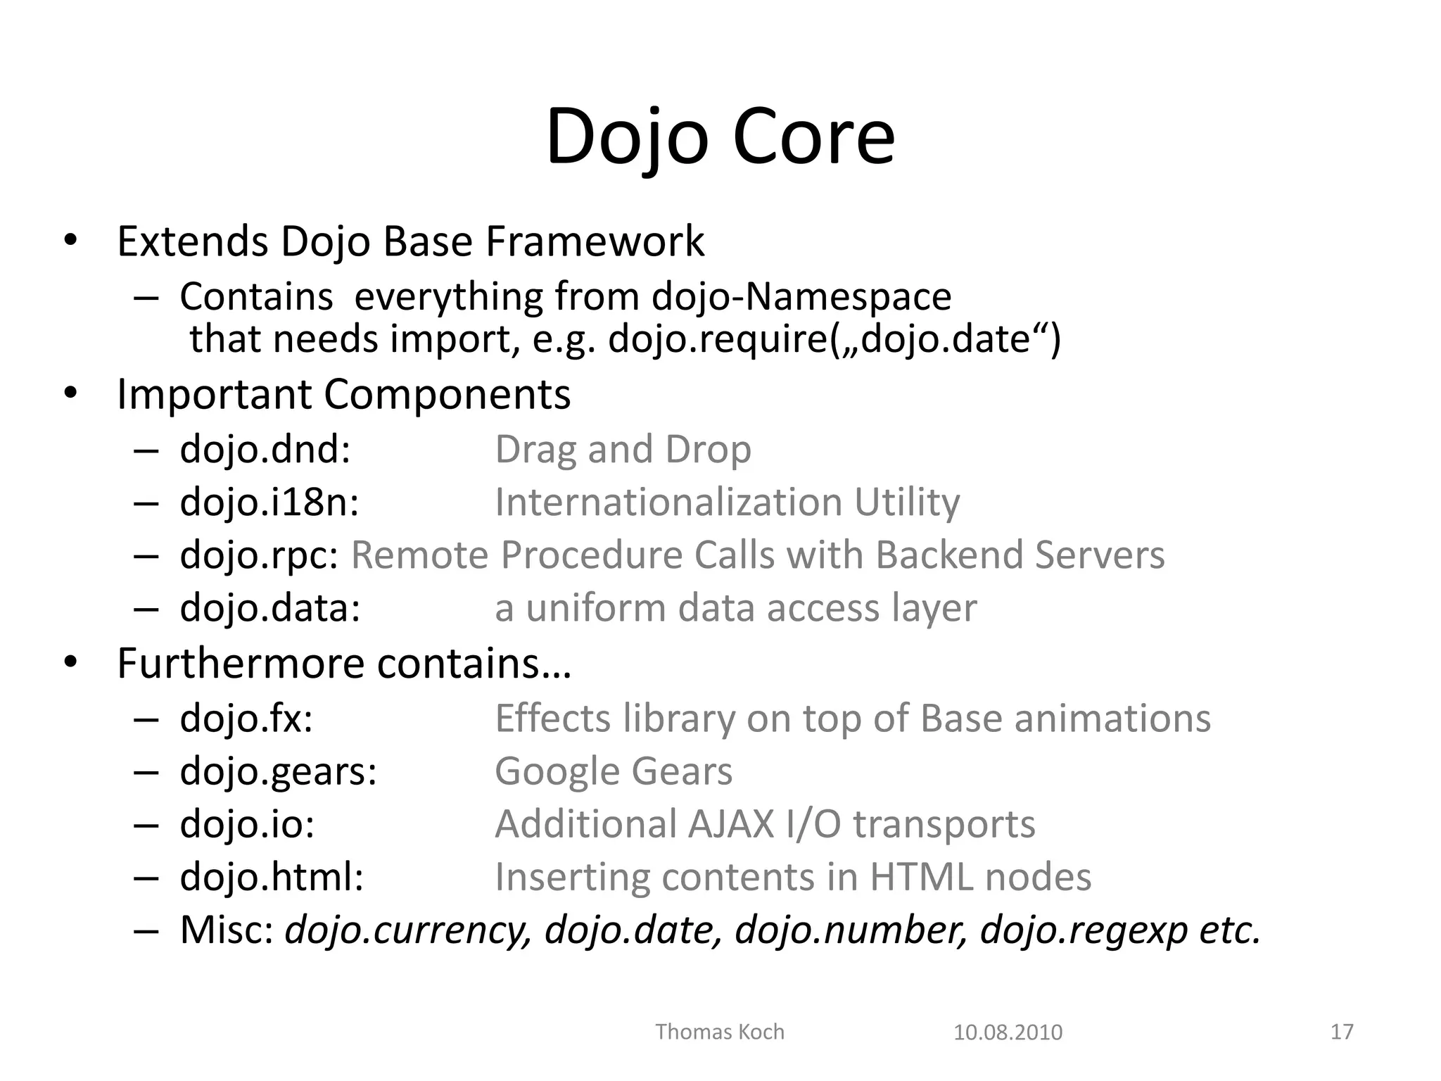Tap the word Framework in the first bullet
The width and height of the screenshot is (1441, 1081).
coord(595,241)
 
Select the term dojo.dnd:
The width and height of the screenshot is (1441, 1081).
coord(265,450)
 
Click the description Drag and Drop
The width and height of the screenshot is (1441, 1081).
coord(623,450)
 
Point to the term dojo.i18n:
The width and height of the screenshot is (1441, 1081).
coord(269,502)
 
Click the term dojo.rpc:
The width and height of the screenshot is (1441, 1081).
coord(260,555)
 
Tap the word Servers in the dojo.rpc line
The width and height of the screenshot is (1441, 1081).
coord(1100,555)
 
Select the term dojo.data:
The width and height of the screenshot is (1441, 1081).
coord(270,608)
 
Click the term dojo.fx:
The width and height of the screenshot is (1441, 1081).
coord(246,719)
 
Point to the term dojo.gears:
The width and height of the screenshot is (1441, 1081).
coord(279,771)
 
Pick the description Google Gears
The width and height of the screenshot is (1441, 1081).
coord(614,771)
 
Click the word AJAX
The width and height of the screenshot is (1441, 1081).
coord(731,824)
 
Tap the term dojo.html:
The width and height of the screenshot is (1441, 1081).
coord(272,878)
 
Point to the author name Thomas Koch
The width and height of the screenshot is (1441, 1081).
coord(720,1032)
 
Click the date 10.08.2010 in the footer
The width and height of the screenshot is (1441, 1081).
coord(1008,1032)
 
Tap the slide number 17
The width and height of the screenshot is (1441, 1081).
coord(1342,1032)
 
